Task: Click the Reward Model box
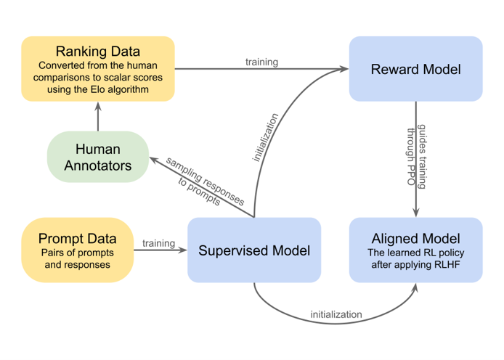tap(415, 69)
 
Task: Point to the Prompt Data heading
tap(76, 238)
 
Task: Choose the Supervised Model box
tap(254, 250)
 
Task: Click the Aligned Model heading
tap(415, 238)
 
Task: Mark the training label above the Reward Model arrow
tap(261, 62)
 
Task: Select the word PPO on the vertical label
tap(411, 179)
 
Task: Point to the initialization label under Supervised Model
tap(336, 314)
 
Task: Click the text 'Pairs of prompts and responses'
tap(77, 260)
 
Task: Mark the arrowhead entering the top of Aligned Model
tap(415, 213)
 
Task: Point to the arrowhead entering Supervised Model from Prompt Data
tap(182, 250)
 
